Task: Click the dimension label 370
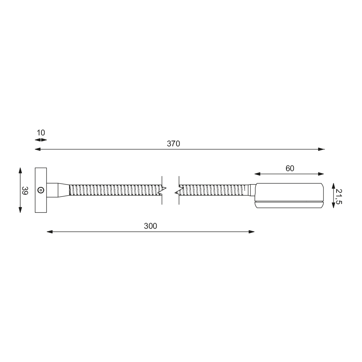tap(173, 144)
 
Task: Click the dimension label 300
tap(151, 226)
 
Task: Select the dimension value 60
tap(290, 168)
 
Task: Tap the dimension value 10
tap(41, 133)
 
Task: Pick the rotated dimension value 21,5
tap(339, 196)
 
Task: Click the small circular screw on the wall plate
tap(41, 190)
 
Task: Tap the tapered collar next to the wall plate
tap(64, 190)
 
